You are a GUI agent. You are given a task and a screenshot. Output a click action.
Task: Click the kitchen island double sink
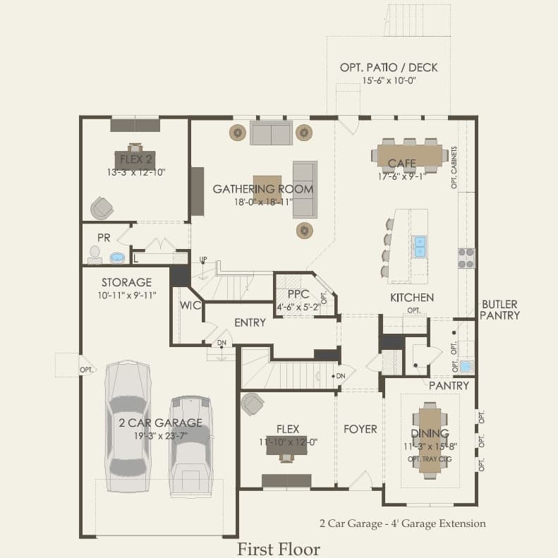419,247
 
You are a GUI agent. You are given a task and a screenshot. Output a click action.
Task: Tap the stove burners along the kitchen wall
466,258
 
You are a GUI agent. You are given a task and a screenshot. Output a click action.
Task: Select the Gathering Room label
263,189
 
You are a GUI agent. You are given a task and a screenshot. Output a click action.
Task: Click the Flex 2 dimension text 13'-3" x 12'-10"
136,173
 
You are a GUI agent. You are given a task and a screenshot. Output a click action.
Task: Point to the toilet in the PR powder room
95,255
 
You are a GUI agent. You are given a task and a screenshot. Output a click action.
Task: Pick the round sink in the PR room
117,257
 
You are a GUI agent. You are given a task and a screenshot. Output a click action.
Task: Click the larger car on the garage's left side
128,426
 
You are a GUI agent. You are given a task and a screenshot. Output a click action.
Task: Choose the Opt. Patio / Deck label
389,68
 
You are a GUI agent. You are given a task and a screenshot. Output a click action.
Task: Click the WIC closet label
190,305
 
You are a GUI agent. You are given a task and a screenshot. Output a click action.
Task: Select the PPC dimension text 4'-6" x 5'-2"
298,307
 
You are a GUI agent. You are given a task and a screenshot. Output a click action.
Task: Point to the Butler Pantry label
499,310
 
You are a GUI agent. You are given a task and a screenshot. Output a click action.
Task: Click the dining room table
430,441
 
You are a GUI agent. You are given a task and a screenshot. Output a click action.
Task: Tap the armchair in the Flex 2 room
102,208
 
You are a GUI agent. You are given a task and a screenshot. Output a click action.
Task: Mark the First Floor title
279,549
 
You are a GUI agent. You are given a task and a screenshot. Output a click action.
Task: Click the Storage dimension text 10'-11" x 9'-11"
127,296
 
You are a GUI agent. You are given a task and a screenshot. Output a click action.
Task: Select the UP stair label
203,259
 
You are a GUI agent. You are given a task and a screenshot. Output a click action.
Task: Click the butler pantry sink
466,366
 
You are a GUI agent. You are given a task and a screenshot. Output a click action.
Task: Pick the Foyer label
360,429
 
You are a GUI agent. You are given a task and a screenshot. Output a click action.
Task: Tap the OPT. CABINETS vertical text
454,168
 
